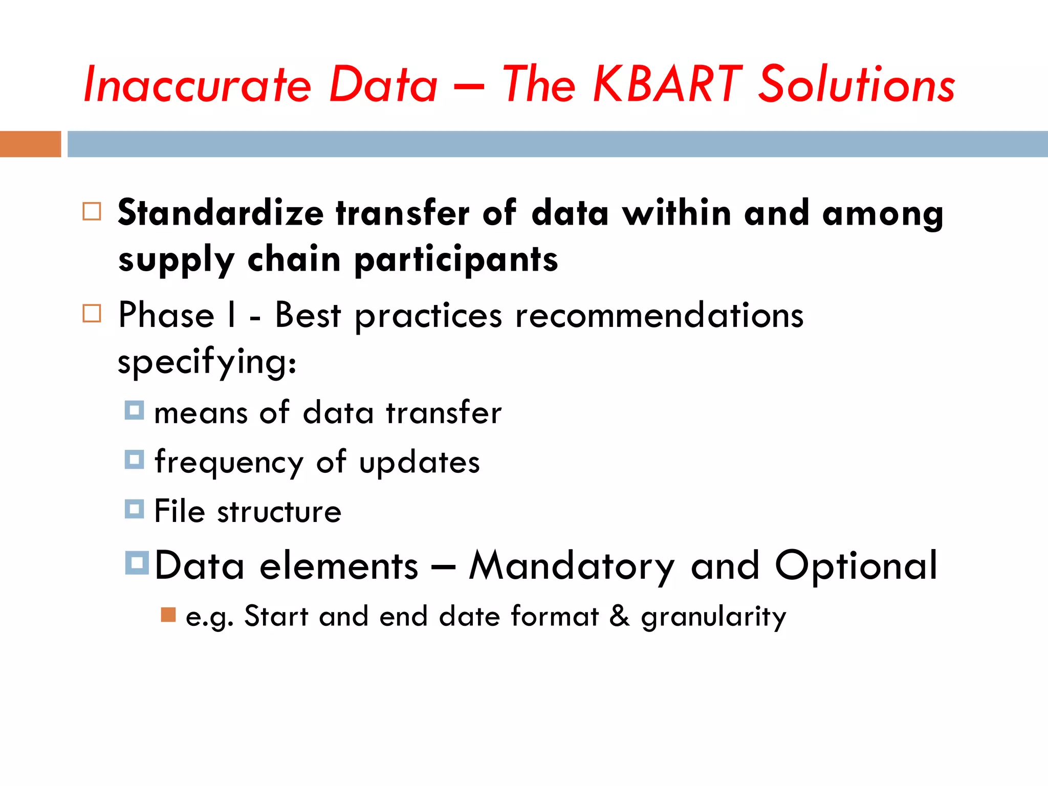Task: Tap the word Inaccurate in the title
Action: pyautogui.click(x=197, y=84)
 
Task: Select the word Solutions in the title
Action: pyautogui.click(x=856, y=84)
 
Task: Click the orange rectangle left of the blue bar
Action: pyautogui.click(x=30, y=144)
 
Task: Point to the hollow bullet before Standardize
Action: pyautogui.click(x=92, y=211)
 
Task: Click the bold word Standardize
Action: pyautogui.click(x=221, y=213)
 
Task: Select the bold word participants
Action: pyautogui.click(x=456, y=260)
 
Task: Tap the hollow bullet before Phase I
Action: pyautogui.click(x=92, y=313)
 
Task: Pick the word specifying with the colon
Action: pyautogui.click(x=207, y=362)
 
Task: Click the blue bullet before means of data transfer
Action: pyautogui.click(x=134, y=410)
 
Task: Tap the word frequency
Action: pyautogui.click(x=229, y=463)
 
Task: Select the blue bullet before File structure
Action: pyautogui.click(x=134, y=509)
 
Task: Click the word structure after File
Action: pyautogui.click(x=279, y=512)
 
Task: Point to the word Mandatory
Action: pyautogui.click(x=572, y=566)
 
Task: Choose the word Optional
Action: pyautogui.click(x=856, y=566)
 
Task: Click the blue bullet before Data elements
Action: pyautogui.click(x=137, y=562)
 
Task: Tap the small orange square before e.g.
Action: pyautogui.click(x=168, y=615)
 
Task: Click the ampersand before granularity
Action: pyautogui.click(x=619, y=616)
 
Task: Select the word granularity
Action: pyautogui.click(x=713, y=617)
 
